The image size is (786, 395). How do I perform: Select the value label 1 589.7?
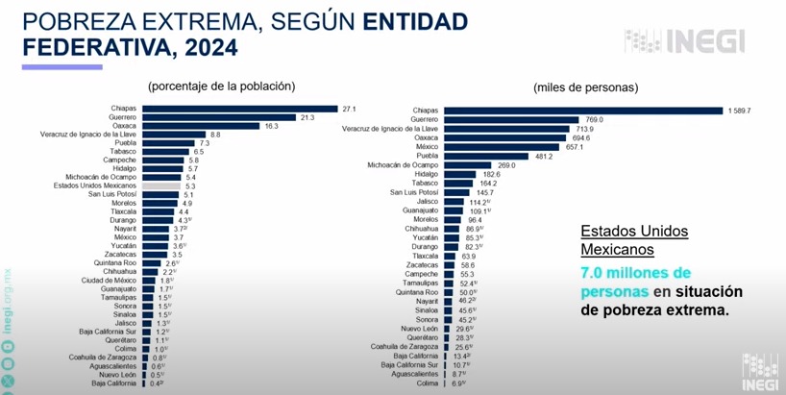pos(739,111)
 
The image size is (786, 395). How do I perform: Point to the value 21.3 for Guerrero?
pos(307,117)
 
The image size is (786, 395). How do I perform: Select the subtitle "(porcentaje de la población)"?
pos(221,86)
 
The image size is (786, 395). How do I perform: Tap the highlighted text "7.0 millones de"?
pos(635,273)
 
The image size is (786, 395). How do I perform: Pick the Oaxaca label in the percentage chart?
pos(125,126)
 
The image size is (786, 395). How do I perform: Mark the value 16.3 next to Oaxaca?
pos(271,126)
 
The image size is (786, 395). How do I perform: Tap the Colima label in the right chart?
pos(426,383)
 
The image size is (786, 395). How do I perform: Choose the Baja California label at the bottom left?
pos(114,383)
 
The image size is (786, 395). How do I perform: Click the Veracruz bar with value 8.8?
pos(173,135)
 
